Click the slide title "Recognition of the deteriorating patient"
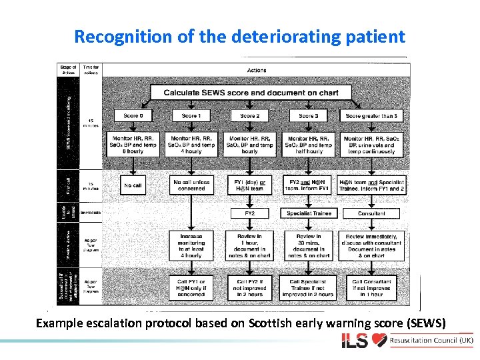click(239, 36)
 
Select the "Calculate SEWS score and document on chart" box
click(251, 93)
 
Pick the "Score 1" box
click(191, 116)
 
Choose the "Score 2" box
click(249, 116)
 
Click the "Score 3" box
click(308, 116)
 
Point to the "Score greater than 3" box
click(371, 116)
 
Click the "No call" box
click(133, 185)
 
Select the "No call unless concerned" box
click(191, 185)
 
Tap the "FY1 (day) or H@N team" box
click(249, 185)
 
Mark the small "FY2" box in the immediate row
click(249, 213)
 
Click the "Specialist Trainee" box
click(309, 213)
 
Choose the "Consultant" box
click(371, 213)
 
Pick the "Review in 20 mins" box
click(309, 245)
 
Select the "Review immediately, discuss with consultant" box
click(371, 245)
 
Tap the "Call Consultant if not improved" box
click(371, 288)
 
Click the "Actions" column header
click(256, 70)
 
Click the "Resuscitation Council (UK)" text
click(431, 341)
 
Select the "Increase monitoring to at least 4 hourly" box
click(191, 245)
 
